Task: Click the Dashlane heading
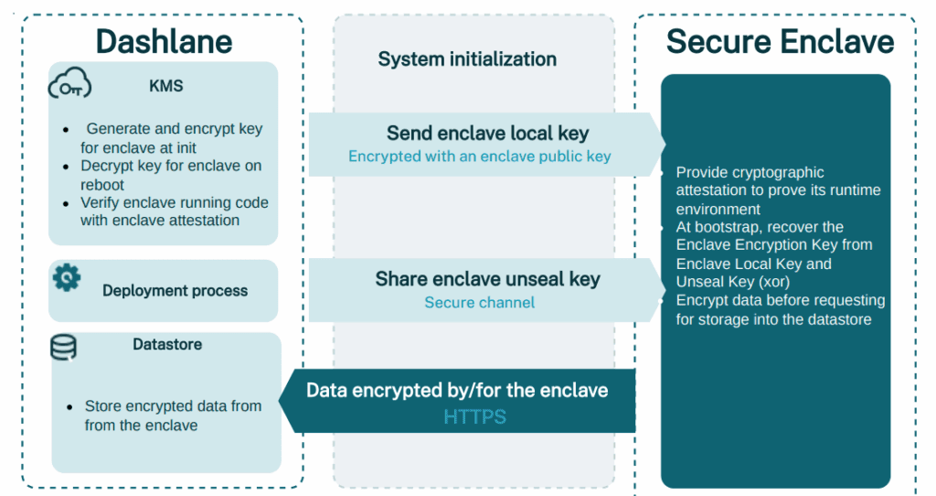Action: pos(164,41)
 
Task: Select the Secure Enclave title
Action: pos(780,41)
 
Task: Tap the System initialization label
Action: pos(467,59)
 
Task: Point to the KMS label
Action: pos(165,86)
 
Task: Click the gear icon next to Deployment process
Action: pos(67,277)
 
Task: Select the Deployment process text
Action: pos(175,291)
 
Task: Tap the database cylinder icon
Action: pos(63,346)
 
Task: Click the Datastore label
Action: pos(167,345)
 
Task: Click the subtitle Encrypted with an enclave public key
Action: pos(480,156)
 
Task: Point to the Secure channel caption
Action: pos(480,302)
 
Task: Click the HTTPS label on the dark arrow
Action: pos(474,417)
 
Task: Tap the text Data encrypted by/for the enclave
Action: pos(457,391)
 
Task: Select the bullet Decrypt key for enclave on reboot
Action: pos(170,175)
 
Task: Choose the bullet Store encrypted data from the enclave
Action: pos(173,415)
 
